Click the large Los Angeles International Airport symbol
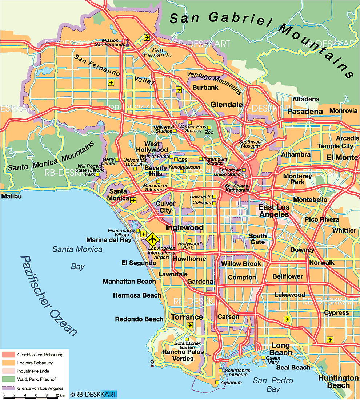pyautogui.click(x=152, y=239)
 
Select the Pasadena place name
pyautogui.click(x=305, y=112)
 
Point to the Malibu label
pyautogui.click(x=11, y=197)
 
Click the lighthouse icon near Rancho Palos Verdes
pyautogui.click(x=152, y=362)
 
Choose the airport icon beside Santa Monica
pyautogui.click(x=133, y=200)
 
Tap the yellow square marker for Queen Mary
pyautogui.click(x=264, y=358)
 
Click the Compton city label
pyautogui.click(x=242, y=278)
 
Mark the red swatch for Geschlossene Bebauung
pyautogui.click(x=8, y=355)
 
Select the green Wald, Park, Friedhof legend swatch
pyautogui.click(x=8, y=380)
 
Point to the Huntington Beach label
pyautogui.click(x=338, y=381)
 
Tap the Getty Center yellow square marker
pyautogui.click(x=117, y=159)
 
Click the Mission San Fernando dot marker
pyautogui.click(x=127, y=45)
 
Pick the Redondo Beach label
pyautogui.click(x=139, y=319)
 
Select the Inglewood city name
pyautogui.click(x=184, y=228)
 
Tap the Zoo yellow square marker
pyautogui.click(x=209, y=128)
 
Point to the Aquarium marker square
pyautogui.click(x=217, y=383)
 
